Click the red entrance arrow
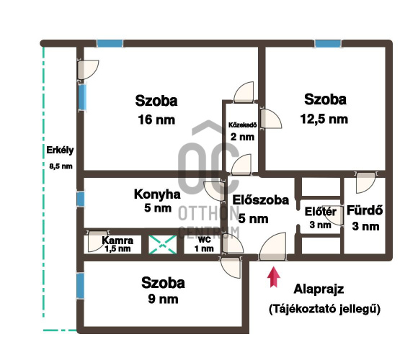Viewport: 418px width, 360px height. click(274, 277)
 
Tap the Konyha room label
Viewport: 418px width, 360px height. click(157, 194)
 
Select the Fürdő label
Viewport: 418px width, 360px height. click(365, 210)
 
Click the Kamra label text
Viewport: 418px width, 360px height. click(117, 240)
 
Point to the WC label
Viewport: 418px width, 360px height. click(204, 240)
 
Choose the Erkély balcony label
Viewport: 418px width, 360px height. click(60, 150)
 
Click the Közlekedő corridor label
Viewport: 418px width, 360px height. click(242, 125)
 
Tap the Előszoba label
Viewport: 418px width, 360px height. click(260, 200)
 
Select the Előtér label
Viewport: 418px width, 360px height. click(321, 212)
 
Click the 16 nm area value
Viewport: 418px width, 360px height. click(156, 120)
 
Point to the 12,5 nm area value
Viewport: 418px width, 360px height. click(324, 119)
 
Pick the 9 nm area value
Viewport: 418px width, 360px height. click(163, 299)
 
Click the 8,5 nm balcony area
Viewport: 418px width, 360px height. click(61, 166)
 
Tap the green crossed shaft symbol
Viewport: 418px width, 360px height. click(163, 244)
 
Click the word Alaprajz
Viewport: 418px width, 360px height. click(319, 289)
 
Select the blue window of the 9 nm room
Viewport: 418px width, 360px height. click(80, 286)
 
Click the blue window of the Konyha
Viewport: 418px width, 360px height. click(80, 199)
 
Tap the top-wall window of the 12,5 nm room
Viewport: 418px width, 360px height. click(328, 43)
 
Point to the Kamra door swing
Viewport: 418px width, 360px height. click(97, 241)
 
